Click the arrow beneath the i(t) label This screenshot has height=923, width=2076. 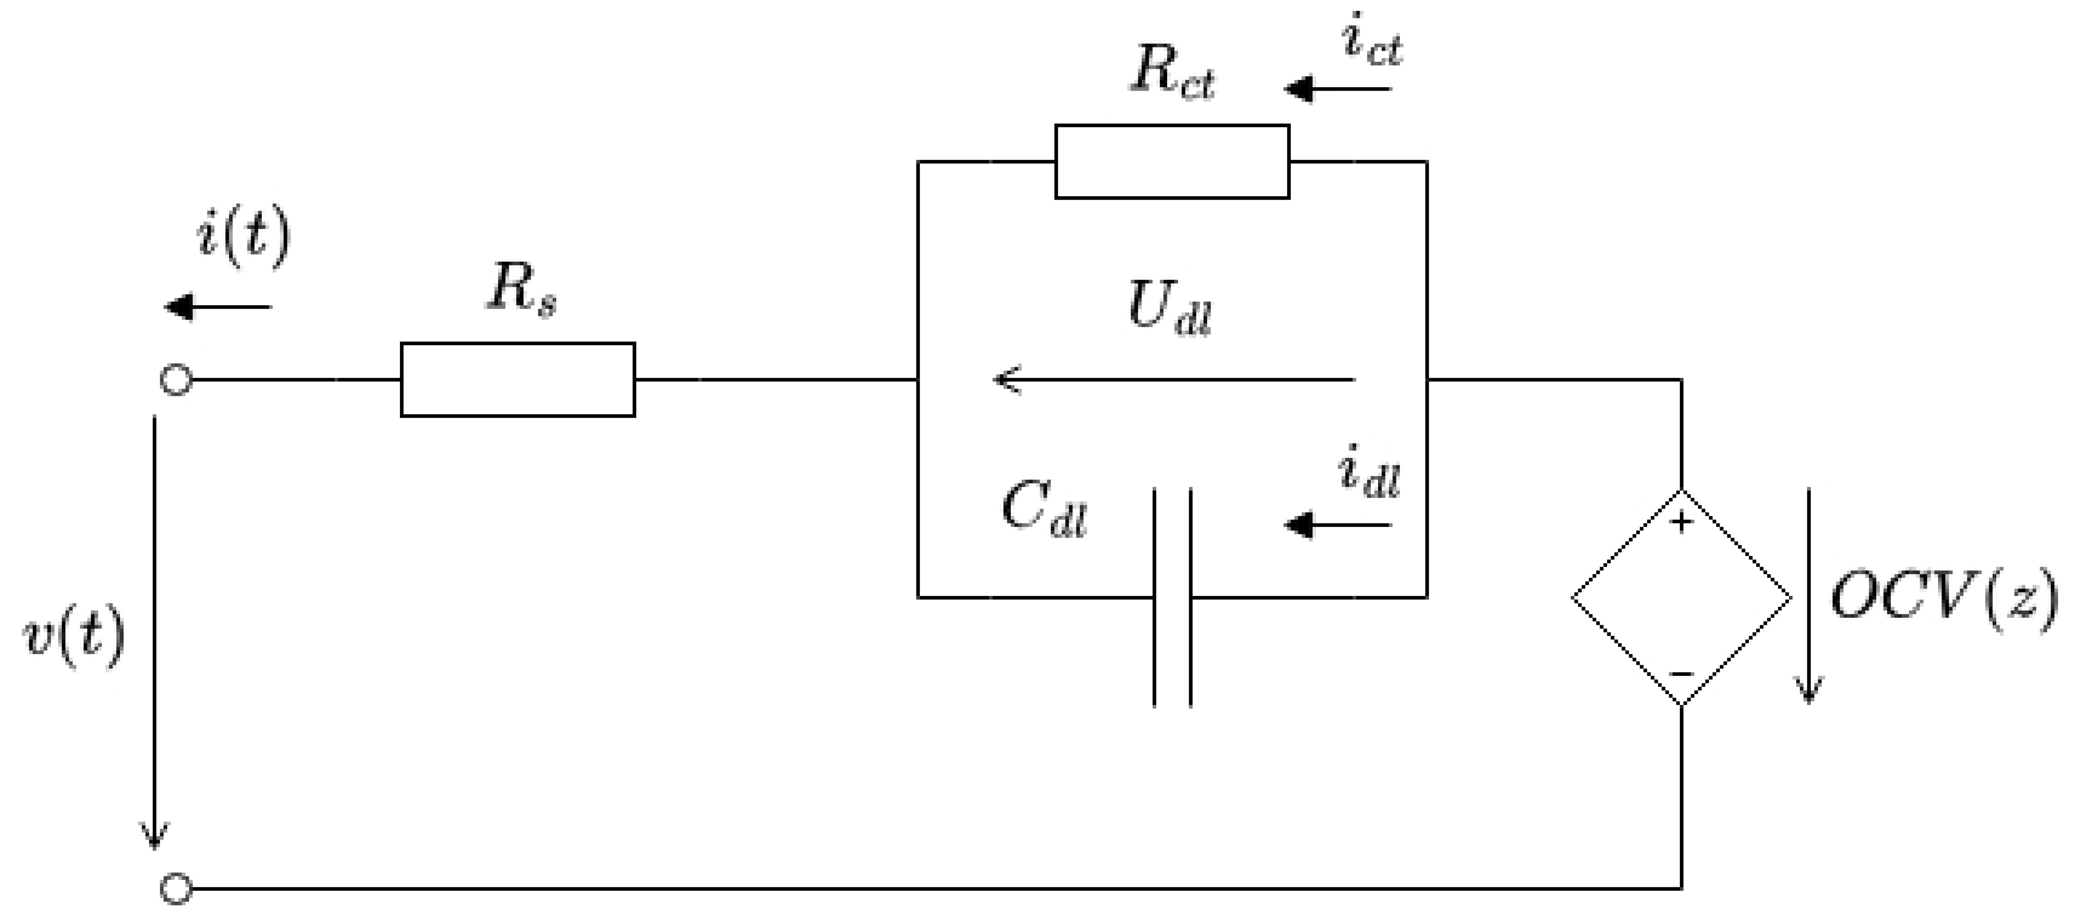pyautogui.click(x=218, y=307)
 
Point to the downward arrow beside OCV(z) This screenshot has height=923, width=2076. pyautogui.click(x=1809, y=596)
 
